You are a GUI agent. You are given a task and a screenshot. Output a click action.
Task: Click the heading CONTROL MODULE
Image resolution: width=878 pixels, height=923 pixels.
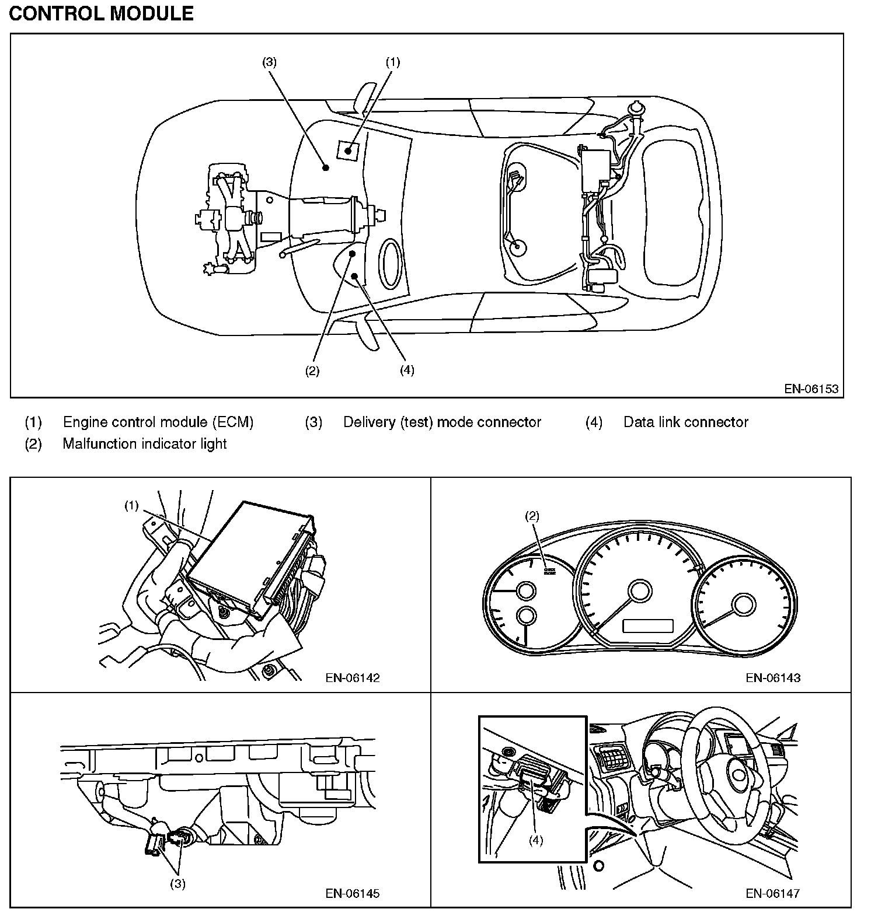[101, 13]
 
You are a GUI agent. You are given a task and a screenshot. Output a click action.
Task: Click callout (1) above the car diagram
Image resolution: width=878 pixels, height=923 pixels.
[393, 62]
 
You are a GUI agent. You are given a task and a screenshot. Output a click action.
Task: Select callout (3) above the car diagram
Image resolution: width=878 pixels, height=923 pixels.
[269, 62]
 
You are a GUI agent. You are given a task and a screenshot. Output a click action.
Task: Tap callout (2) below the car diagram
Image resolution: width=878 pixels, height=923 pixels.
[312, 370]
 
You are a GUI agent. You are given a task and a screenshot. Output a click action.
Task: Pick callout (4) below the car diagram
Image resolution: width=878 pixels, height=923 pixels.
[407, 370]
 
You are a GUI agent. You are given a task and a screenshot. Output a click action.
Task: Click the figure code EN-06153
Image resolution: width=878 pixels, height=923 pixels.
[811, 389]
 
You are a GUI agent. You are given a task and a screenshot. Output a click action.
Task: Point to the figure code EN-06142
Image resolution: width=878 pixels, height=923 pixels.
[353, 677]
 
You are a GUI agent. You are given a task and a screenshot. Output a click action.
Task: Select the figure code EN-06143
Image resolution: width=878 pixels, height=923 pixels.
[773, 677]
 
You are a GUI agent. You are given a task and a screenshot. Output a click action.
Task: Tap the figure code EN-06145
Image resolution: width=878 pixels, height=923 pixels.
[353, 893]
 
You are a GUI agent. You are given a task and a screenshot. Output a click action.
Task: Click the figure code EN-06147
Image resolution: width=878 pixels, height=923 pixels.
[773, 893]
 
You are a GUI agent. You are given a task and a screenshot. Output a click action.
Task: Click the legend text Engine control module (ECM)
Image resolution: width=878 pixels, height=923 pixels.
[158, 422]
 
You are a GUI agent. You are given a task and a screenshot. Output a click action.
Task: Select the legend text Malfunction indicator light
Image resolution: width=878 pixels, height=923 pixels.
[145, 443]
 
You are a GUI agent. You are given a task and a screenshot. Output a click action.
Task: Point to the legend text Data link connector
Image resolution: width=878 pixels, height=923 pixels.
[686, 422]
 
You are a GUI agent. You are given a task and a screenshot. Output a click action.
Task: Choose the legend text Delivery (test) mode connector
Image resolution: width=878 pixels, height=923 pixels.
[442, 422]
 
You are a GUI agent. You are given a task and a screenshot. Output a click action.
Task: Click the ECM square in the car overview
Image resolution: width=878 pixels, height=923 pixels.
[348, 150]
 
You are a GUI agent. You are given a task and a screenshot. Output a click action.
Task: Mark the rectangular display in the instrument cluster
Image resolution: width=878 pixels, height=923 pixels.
[648, 626]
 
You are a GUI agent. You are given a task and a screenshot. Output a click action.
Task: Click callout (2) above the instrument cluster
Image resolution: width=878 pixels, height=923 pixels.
[532, 516]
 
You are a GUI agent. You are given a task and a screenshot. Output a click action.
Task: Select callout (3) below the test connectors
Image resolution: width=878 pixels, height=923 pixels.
[177, 883]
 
